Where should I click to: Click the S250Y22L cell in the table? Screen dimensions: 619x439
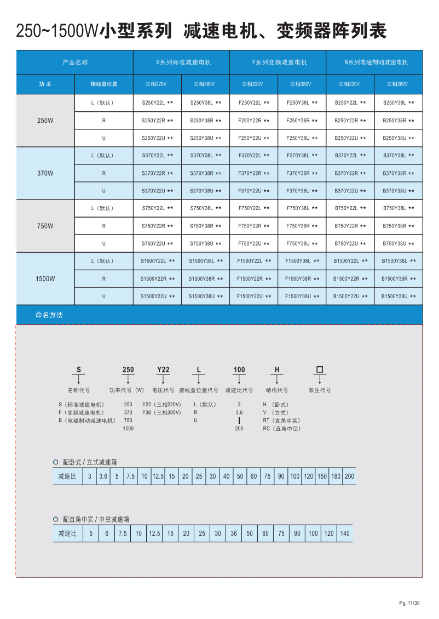click(157, 103)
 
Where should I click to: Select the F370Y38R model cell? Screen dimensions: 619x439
click(302, 173)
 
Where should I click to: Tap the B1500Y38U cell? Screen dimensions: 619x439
click(398, 296)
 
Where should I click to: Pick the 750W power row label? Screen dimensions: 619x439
click(45, 226)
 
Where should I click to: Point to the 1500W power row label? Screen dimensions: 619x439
click(45, 279)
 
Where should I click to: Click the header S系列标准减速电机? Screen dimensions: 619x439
click(181, 63)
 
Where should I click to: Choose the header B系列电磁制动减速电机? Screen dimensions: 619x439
click(374, 63)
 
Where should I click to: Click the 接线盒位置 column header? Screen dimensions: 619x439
click(103, 84)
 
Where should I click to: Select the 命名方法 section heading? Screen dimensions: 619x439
click(49, 315)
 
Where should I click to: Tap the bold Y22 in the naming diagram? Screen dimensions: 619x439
click(163, 370)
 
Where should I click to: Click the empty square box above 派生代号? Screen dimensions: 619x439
click(320, 370)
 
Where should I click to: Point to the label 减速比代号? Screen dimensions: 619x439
click(239, 390)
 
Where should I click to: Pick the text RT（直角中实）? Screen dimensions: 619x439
click(281, 421)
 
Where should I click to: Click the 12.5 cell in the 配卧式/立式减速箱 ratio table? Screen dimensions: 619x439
click(158, 476)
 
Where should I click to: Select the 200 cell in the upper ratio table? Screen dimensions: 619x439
click(349, 476)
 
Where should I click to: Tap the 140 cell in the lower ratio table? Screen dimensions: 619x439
click(344, 533)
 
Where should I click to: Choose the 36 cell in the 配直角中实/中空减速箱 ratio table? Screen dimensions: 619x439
click(234, 533)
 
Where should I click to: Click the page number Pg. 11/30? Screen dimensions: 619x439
click(409, 603)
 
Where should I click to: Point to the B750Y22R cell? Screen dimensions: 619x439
click(350, 226)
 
